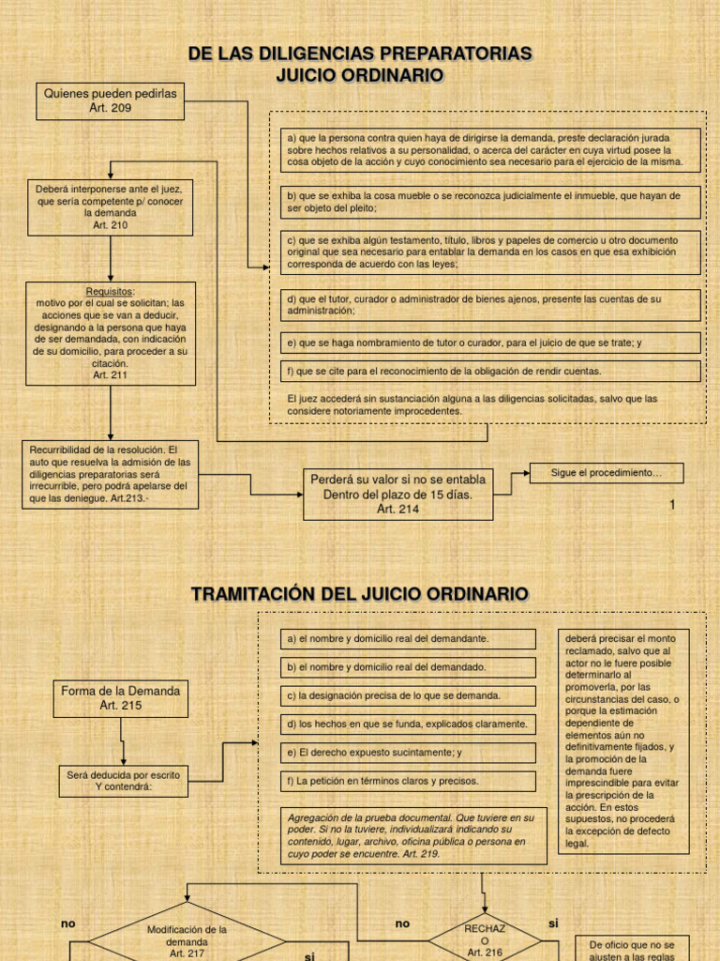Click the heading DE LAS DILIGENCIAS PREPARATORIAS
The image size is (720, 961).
[x=360, y=53]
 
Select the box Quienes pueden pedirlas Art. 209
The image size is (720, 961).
[x=111, y=100]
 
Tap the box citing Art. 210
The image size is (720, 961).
[x=111, y=206]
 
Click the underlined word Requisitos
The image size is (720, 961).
[x=111, y=291]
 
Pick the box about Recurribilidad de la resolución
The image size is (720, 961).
[x=111, y=474]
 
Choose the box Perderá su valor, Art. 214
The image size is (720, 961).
[x=397, y=494]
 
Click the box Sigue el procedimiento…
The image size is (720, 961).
[x=606, y=472]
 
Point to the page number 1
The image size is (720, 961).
[x=671, y=505]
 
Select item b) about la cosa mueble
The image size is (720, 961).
[x=490, y=201]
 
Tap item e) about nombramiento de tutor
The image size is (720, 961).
[x=490, y=343]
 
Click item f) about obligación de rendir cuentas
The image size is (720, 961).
[x=490, y=371]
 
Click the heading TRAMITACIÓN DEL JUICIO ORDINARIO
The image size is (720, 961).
[x=360, y=594]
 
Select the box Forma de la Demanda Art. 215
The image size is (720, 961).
[x=120, y=697]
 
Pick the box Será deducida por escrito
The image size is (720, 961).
[x=123, y=780]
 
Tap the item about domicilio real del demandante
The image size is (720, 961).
[x=408, y=639]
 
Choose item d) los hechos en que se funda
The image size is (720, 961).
[x=408, y=724]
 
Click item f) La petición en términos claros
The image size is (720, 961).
[x=408, y=780]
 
